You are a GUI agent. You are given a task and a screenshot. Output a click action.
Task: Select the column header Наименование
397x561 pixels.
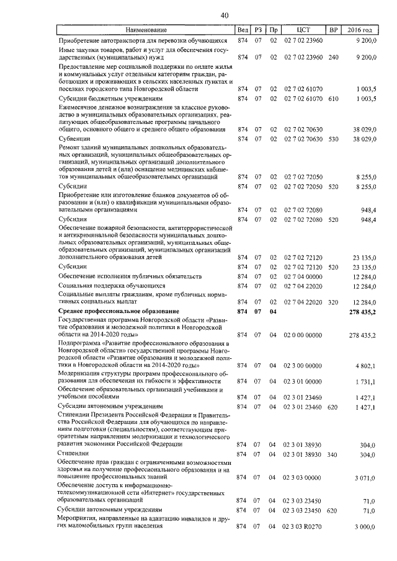[146, 30]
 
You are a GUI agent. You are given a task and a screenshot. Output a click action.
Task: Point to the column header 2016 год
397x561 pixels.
[360, 30]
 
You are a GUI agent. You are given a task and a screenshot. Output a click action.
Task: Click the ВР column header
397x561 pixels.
[333, 30]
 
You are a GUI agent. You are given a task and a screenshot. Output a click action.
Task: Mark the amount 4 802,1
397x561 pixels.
[365, 366]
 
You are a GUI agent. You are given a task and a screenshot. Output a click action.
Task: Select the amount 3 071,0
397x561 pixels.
[365, 477]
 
